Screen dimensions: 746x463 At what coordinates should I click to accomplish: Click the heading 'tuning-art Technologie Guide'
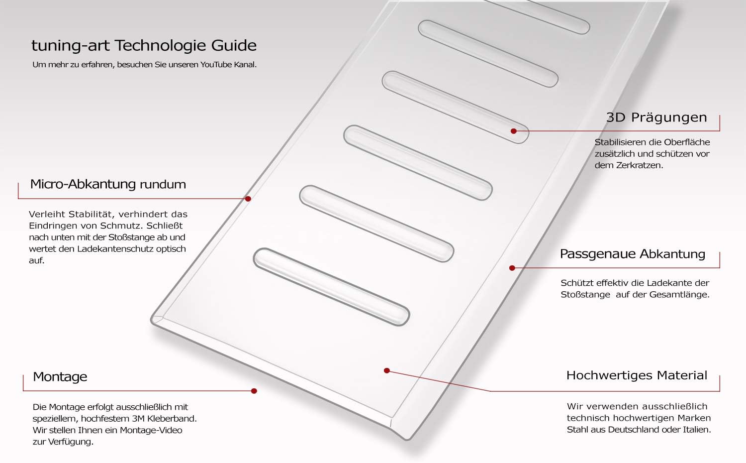point(144,46)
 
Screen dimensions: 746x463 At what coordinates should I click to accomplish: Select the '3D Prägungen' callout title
point(656,117)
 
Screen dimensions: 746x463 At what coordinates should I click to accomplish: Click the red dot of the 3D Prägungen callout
point(514,131)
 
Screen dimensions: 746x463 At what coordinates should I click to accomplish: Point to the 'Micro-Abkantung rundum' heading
point(108,184)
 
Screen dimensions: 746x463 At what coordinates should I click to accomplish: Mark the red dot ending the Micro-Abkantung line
point(248,199)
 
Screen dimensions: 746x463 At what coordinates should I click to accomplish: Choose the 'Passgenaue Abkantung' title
point(633,254)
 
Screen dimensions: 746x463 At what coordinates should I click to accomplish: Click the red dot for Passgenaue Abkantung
point(512,268)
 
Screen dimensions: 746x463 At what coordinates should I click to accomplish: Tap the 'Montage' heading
point(60,377)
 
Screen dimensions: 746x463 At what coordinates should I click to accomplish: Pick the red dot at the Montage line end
point(254,391)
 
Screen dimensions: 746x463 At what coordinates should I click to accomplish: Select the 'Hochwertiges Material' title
point(637,376)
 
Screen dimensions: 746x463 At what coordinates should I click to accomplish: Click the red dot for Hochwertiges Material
point(386,371)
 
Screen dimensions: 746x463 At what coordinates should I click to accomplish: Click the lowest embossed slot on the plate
point(331,287)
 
